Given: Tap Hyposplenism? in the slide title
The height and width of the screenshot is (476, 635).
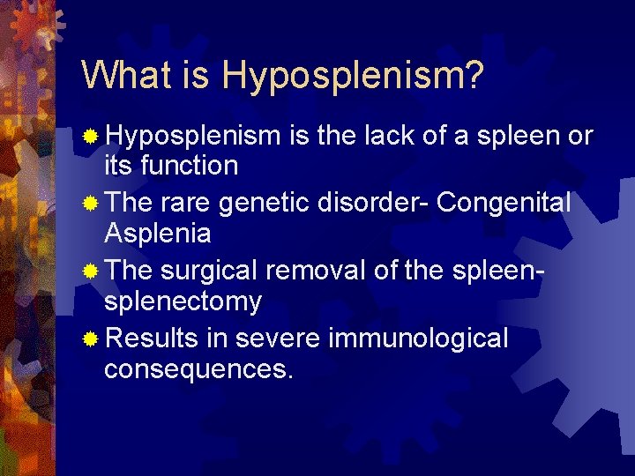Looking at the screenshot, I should (353, 77).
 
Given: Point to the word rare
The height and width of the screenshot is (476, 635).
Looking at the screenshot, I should (187, 204).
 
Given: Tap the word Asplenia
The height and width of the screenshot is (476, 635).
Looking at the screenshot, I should (158, 234).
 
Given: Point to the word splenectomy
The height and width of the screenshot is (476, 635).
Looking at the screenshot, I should (183, 302).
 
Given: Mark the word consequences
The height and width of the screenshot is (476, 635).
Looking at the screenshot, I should (198, 369).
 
